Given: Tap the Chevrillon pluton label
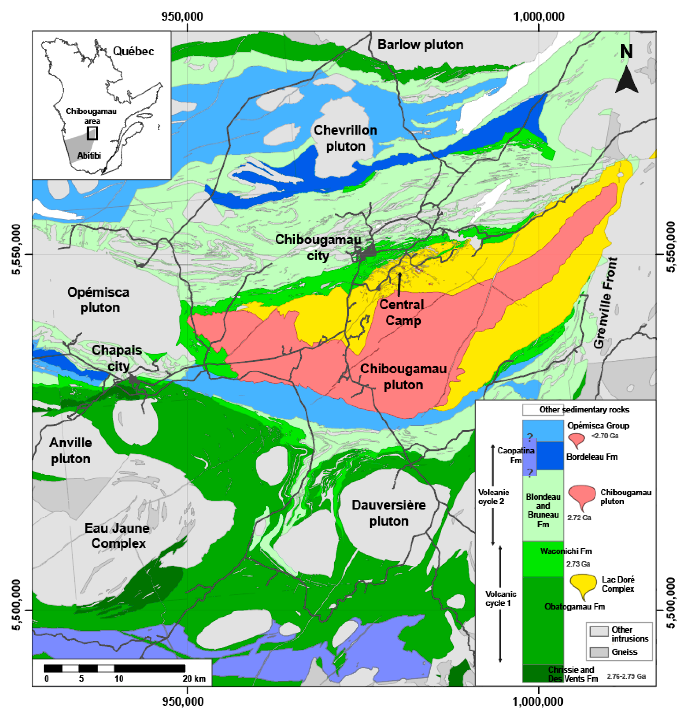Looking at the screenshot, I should pyautogui.click(x=345, y=138).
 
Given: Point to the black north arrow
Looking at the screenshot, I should pyautogui.click(x=626, y=80).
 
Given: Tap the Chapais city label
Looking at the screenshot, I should pyautogui.click(x=117, y=358).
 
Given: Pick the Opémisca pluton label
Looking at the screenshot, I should pyautogui.click(x=98, y=300).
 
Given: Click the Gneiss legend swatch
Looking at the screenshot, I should pyautogui.click(x=599, y=652).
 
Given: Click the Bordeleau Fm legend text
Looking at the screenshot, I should pyautogui.click(x=592, y=457).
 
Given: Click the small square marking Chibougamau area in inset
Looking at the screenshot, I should pyautogui.click(x=92, y=133).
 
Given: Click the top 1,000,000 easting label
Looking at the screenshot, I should pyautogui.click(x=539, y=16).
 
